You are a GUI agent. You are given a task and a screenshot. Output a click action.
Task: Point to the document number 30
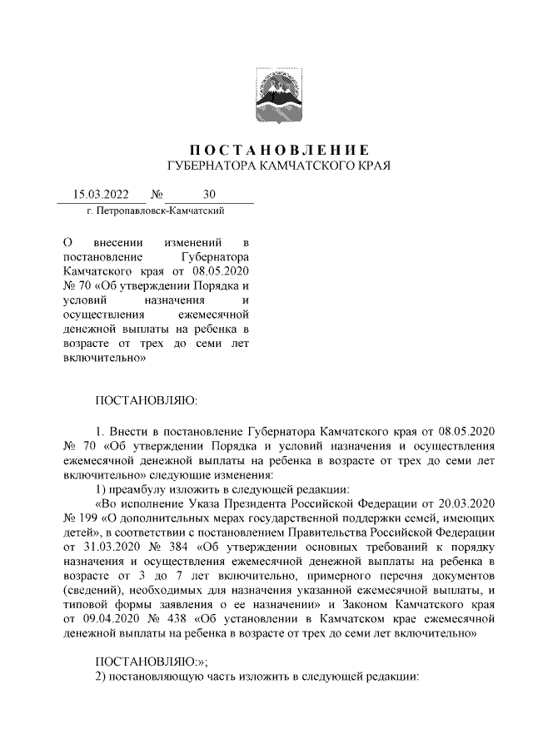(x=208, y=196)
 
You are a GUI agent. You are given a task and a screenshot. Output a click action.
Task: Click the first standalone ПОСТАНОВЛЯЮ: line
(x=146, y=400)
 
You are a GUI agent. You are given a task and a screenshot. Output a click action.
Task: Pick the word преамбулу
(x=147, y=488)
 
